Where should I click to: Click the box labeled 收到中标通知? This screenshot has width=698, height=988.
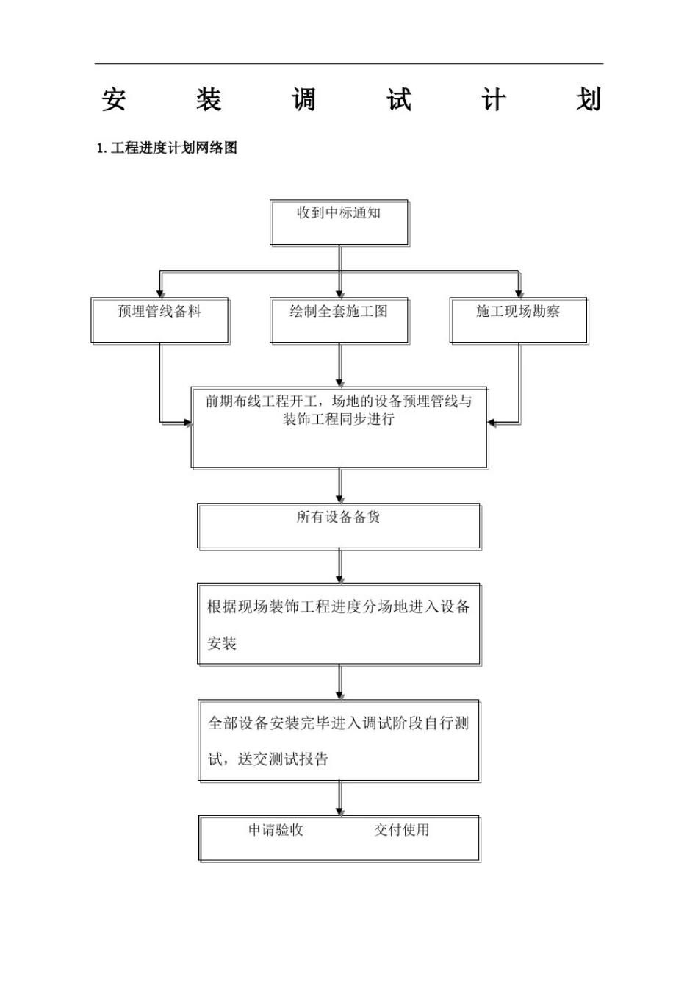coord(339,223)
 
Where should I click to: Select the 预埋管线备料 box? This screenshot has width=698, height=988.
coord(159,321)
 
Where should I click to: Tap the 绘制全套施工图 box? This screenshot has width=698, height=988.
coord(339,321)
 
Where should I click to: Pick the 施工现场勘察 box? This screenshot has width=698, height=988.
coord(518,321)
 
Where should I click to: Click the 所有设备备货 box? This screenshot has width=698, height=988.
coord(339,526)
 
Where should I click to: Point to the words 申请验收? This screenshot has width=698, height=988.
coord(276,830)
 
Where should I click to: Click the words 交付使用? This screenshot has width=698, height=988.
coord(402,830)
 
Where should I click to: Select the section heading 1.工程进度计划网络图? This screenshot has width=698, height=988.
coord(168,148)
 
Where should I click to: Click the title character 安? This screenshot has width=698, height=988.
coord(114,100)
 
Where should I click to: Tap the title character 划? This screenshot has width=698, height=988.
coord(589,100)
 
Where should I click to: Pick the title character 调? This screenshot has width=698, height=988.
coord(303,100)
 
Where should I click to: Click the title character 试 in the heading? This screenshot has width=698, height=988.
coord(399,100)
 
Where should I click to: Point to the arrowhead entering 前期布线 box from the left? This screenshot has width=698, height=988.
coord(187,423)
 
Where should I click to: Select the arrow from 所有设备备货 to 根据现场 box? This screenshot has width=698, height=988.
coord(339,566)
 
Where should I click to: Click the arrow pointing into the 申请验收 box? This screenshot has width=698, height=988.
coord(339,799)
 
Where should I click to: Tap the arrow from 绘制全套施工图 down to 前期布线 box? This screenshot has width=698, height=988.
coord(339,365)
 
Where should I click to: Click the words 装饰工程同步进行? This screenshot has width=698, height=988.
coord(339,419)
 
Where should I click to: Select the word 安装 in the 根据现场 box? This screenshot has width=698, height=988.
coord(222,643)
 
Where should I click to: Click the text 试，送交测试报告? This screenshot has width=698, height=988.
coord(268,759)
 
